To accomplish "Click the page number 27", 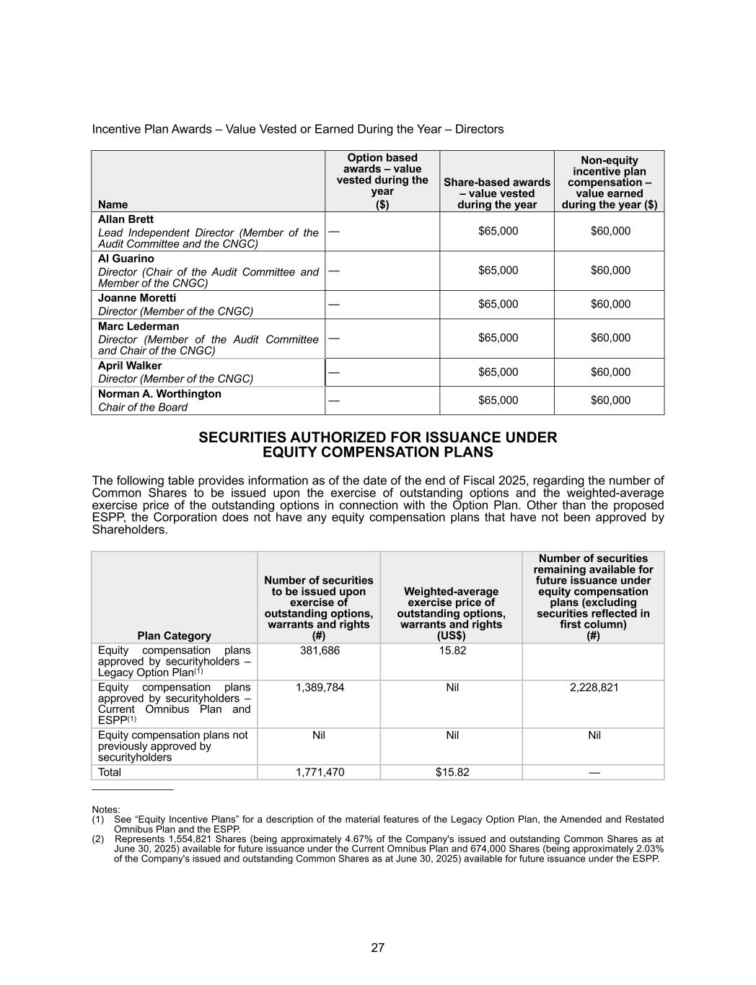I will (x=378, y=947).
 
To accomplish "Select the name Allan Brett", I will (x=126, y=219).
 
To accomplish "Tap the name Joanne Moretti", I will (x=137, y=298).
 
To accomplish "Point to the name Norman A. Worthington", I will (x=159, y=394).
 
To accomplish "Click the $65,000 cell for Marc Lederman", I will (x=498, y=338).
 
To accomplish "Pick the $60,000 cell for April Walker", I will (x=610, y=372).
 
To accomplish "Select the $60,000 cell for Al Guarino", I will (x=610, y=271).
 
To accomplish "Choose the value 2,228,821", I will (x=594, y=688).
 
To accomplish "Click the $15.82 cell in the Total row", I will (x=452, y=772).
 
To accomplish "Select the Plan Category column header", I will (x=174, y=636).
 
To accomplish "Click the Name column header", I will (x=113, y=205).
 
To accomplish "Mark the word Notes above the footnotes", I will (x=106, y=810).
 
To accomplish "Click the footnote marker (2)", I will (x=98, y=839).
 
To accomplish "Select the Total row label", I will (x=110, y=772).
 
